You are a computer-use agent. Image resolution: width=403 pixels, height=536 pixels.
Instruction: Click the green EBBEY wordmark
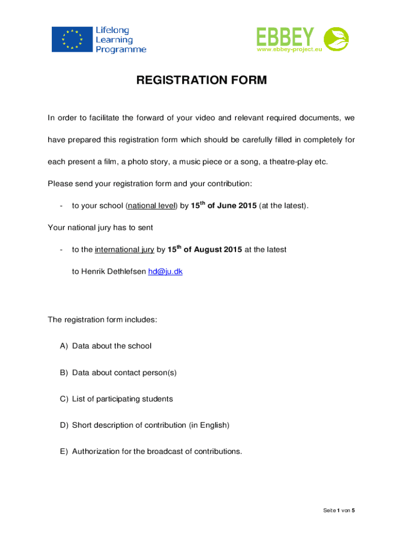(285, 37)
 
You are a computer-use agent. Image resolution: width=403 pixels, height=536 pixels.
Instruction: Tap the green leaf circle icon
(336, 39)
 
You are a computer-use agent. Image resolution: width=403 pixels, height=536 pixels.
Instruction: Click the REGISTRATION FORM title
(201, 81)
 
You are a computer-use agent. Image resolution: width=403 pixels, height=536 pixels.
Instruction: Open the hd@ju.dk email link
(165, 272)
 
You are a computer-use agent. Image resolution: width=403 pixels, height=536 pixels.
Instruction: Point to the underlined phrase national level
(151, 206)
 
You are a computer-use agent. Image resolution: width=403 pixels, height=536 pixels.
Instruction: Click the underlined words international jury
(125, 250)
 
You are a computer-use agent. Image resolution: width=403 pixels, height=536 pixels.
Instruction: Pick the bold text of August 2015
(212, 250)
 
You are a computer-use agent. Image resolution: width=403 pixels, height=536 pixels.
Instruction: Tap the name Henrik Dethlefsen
(109, 272)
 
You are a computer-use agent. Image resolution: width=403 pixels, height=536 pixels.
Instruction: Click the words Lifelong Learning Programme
(120, 40)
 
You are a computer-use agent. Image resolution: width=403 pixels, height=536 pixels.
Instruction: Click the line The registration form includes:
(102, 319)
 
